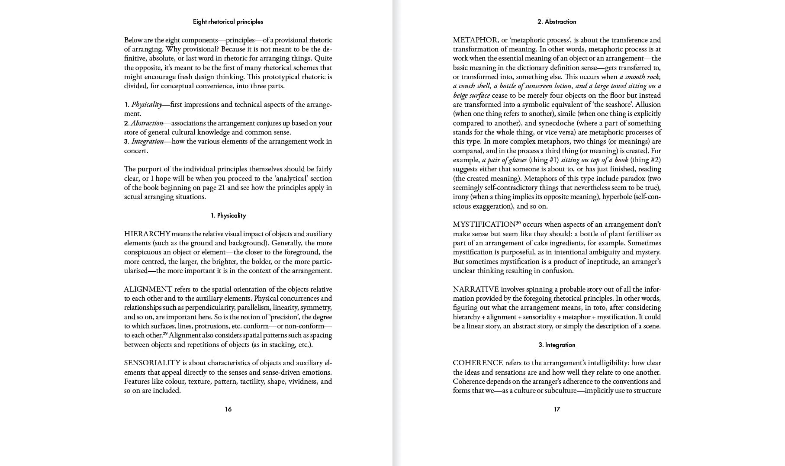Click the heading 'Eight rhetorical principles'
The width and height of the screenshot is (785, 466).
pos(228,22)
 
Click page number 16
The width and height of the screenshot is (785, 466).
pos(228,409)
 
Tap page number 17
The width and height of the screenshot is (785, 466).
pos(557,409)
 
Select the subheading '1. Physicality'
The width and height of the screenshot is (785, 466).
pos(228,215)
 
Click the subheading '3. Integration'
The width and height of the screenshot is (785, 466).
pos(557,345)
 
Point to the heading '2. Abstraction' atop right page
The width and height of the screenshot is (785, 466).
pos(557,22)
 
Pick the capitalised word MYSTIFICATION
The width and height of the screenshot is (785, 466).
pos(484,225)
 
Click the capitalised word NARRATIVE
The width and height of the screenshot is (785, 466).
pos(476,289)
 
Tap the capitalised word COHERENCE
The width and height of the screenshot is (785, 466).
pos(478,363)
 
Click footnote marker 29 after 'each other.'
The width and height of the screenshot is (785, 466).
pos(165,334)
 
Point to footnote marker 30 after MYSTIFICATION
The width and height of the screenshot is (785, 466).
pos(518,223)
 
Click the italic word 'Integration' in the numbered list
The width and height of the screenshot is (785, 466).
pos(148,141)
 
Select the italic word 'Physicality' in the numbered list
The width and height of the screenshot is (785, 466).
pos(146,105)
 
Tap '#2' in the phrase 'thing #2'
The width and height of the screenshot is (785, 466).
pos(656,160)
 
